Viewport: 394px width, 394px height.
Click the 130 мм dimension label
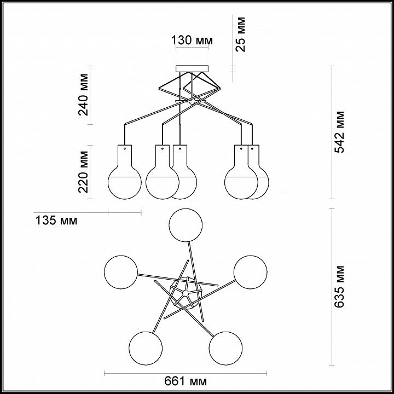[191, 40]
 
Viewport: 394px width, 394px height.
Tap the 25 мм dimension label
[241, 34]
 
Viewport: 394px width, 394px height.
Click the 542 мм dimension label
[340, 132]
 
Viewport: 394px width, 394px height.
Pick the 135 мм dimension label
[55, 221]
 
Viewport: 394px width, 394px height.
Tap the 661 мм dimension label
[184, 380]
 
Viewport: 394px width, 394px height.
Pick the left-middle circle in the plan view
[121, 270]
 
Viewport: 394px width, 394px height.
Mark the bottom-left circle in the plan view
[146, 346]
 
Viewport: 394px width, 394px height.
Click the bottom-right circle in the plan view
[225, 346]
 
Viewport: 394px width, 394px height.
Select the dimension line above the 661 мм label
[184, 373]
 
